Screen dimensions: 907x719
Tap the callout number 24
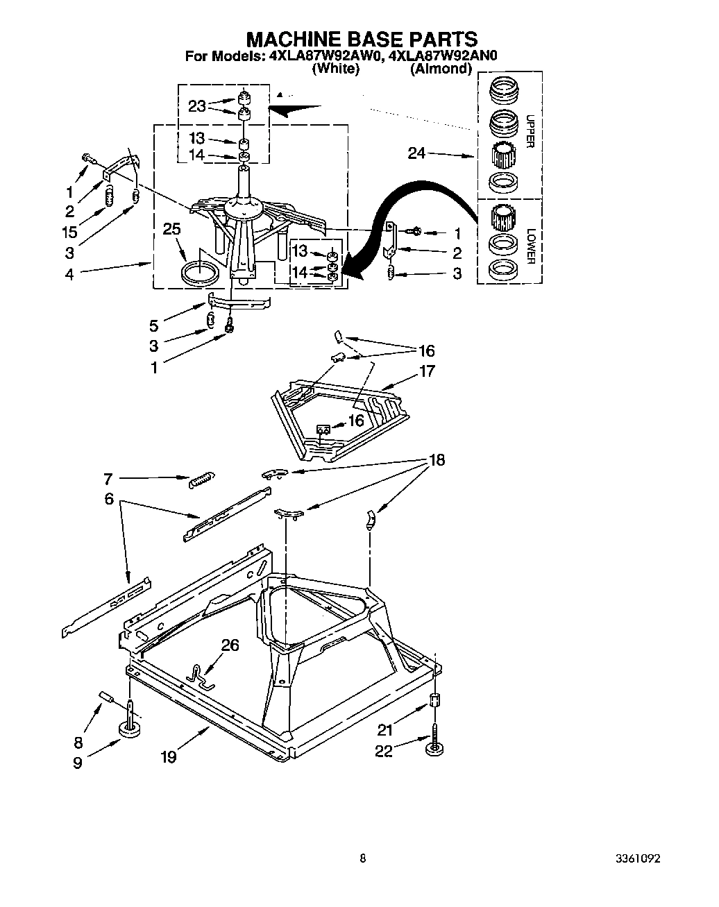pos(416,154)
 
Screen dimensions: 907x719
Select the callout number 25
pos(174,228)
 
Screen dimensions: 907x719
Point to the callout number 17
pos(427,371)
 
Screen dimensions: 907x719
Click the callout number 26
pos(230,645)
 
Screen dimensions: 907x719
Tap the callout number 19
pos(169,757)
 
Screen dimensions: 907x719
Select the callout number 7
pos(108,478)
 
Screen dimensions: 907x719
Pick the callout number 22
pos(384,751)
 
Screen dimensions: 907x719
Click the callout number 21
pos(385,729)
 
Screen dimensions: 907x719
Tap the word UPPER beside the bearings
pos(529,132)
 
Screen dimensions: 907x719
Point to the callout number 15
pos(69,232)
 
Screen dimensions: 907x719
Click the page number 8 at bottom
pos(362,858)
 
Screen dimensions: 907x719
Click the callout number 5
pos(153,325)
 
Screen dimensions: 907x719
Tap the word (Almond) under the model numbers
pos(441,69)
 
